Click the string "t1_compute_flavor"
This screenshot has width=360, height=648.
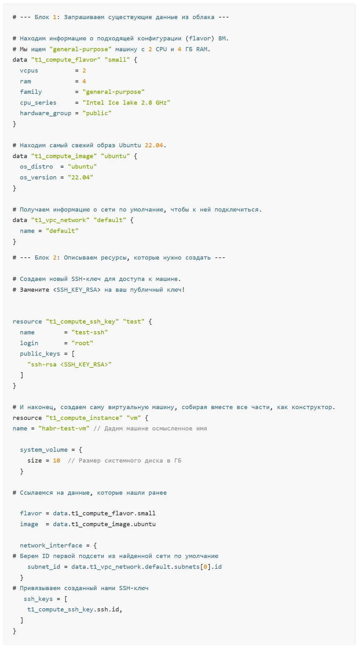click(x=66, y=60)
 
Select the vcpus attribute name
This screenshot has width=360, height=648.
click(x=29, y=71)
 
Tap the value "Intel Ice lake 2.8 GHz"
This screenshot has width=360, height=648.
click(x=126, y=102)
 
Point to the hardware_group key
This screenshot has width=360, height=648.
click(x=45, y=113)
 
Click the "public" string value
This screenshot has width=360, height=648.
click(x=97, y=113)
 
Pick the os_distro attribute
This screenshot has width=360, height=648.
click(x=36, y=167)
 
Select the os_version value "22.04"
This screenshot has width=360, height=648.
click(x=80, y=177)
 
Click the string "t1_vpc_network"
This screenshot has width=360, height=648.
click(x=60, y=220)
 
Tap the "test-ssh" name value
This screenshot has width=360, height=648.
click(x=90, y=332)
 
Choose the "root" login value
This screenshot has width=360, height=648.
click(x=82, y=343)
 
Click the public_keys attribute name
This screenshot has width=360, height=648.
click(x=40, y=354)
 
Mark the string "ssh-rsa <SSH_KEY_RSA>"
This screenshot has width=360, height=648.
click(x=69, y=365)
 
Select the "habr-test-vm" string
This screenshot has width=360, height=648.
click(x=64, y=429)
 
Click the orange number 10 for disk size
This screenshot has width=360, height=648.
click(x=57, y=461)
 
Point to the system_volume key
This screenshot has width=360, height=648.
click(x=44, y=450)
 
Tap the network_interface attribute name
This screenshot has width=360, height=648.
click(x=51, y=546)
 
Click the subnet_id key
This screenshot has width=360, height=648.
click(x=44, y=567)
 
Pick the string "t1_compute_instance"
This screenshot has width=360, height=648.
click(x=84, y=418)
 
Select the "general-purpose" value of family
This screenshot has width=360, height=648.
click(x=114, y=92)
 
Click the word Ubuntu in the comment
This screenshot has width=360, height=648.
click(x=130, y=145)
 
